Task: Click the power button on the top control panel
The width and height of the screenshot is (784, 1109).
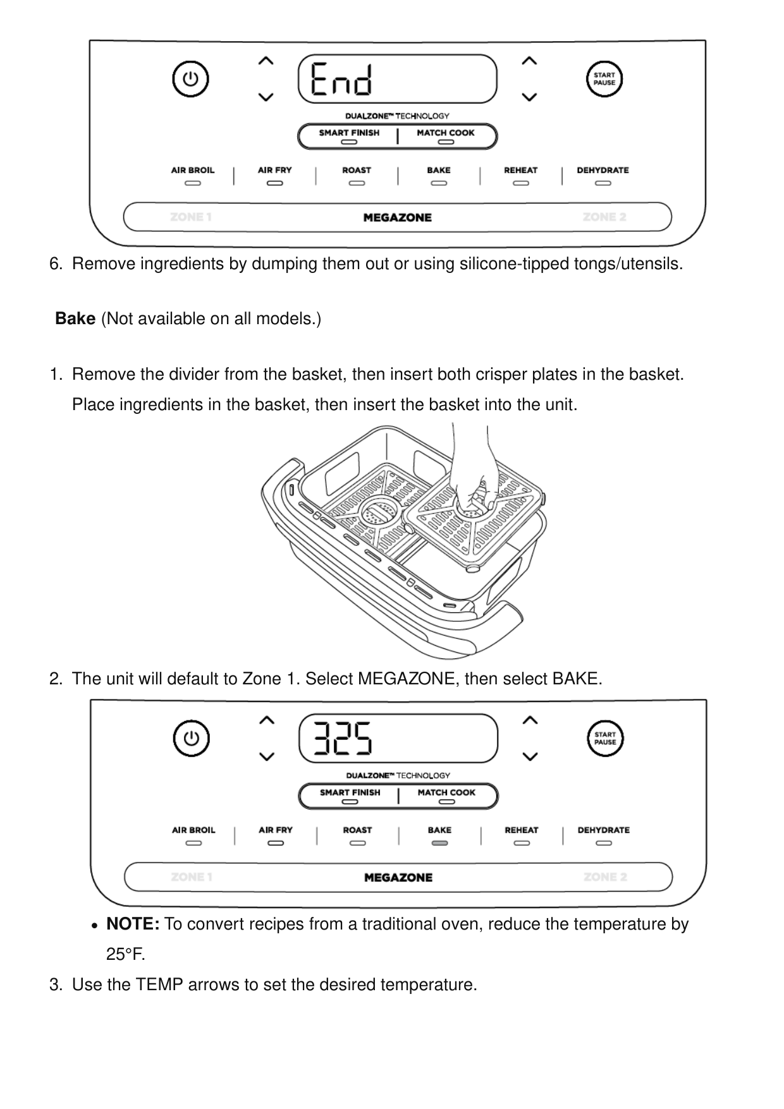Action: pyautogui.click(x=190, y=80)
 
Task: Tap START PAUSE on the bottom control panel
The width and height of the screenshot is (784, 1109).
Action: pyautogui.click(x=605, y=738)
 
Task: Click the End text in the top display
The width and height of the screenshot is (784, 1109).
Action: pyautogui.click(x=342, y=79)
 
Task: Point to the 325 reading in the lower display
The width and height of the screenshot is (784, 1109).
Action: pyautogui.click(x=343, y=738)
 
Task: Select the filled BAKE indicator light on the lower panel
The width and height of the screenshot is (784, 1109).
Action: pyautogui.click(x=439, y=843)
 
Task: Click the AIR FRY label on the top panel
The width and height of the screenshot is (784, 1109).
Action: pyautogui.click(x=274, y=170)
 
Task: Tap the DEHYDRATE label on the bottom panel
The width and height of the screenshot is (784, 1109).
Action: pyautogui.click(x=603, y=830)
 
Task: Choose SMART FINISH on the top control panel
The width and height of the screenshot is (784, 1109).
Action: pyautogui.click(x=349, y=133)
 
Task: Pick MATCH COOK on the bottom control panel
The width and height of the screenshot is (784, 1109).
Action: pyautogui.click(x=446, y=792)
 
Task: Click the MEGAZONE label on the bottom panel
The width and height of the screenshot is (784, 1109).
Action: pyautogui.click(x=398, y=877)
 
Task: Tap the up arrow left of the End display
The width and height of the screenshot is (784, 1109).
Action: pyautogui.click(x=266, y=61)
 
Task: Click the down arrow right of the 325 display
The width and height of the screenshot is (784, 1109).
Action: pyautogui.click(x=530, y=756)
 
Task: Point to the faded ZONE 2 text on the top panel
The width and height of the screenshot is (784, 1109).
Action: pyautogui.click(x=604, y=217)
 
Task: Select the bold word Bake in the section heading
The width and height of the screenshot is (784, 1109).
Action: pyautogui.click(x=75, y=318)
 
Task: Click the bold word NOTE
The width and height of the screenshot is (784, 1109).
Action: pyautogui.click(x=133, y=924)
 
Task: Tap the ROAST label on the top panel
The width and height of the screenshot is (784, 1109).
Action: pyautogui.click(x=357, y=170)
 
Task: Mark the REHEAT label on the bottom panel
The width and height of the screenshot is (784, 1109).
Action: pyautogui.click(x=521, y=830)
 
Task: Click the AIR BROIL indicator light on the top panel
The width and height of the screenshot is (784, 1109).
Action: pyautogui.click(x=193, y=183)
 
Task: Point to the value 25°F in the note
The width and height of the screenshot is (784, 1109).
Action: pyautogui.click(x=125, y=954)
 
